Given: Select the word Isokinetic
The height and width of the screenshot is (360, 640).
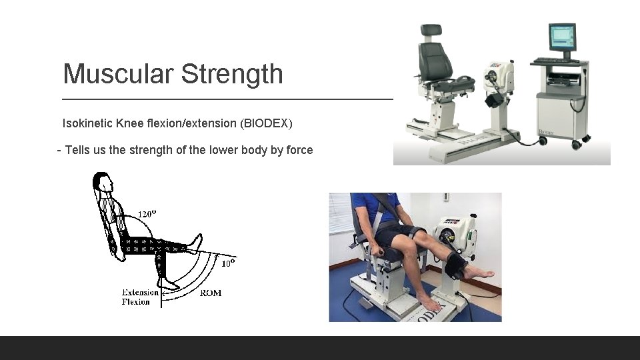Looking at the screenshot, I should [x=87, y=123].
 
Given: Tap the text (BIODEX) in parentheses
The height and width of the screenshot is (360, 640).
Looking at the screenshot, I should [x=267, y=123].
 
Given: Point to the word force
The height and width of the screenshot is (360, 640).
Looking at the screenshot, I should [x=300, y=150].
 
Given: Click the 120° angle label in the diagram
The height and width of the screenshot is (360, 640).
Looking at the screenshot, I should [x=147, y=214].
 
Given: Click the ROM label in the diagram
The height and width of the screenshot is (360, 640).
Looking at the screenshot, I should [x=211, y=293].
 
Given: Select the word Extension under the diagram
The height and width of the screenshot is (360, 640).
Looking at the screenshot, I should [x=140, y=292].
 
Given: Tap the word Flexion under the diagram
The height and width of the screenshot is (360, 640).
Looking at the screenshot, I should [x=135, y=301].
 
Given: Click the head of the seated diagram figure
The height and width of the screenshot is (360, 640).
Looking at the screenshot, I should [x=102, y=181].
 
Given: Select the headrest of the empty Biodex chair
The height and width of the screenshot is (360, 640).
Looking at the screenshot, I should [x=431, y=31].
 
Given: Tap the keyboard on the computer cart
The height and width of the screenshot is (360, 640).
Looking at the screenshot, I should [x=555, y=61].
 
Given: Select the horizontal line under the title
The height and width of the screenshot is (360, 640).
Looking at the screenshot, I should [x=227, y=99].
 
